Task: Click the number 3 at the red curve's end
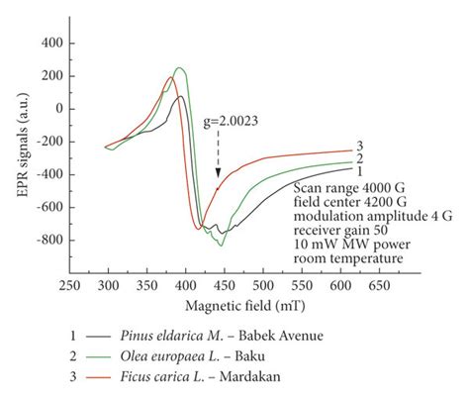(x=360, y=148)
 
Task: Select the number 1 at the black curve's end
(x=360, y=171)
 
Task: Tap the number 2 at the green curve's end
(x=360, y=159)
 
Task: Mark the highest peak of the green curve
(x=179, y=68)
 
